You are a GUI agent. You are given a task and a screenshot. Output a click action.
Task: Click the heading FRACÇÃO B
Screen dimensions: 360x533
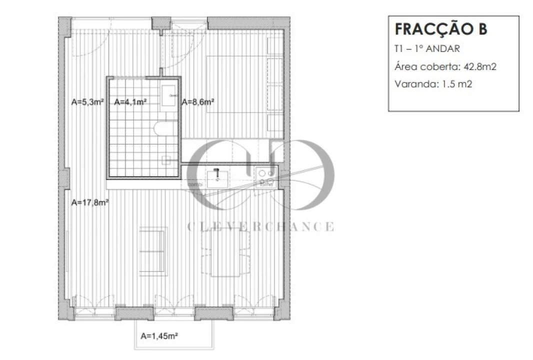[x=440, y=29]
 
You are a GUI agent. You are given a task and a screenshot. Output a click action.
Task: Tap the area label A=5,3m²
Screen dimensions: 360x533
[x=87, y=102]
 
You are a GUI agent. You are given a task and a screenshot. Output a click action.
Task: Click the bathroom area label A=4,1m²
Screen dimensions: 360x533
[x=130, y=102]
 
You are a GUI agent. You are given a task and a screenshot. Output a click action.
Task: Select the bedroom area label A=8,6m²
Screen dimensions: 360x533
[x=198, y=102]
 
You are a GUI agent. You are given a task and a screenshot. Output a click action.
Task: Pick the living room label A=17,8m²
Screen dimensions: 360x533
[x=90, y=202]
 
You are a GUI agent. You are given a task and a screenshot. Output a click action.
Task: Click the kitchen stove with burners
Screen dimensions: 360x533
[x=265, y=173]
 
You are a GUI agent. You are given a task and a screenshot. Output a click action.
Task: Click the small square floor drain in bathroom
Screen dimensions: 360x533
[x=167, y=160]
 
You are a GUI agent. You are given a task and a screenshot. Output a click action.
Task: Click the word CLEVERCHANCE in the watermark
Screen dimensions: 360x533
[x=260, y=227]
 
